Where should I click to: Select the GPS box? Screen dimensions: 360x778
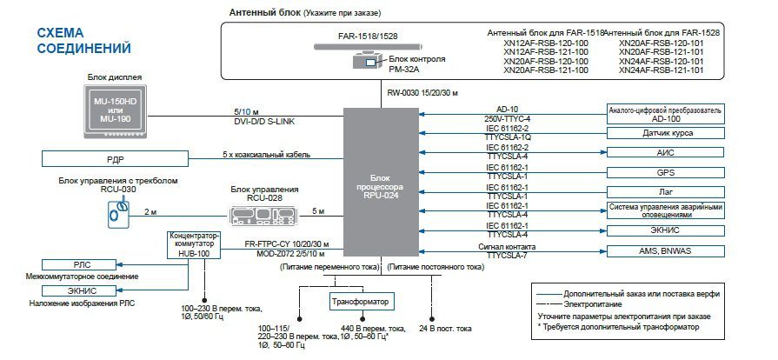tap(665, 172)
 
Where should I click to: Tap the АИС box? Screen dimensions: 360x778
tap(665, 153)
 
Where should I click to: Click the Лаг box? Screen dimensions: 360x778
tap(665, 191)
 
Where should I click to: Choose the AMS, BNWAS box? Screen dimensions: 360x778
tap(665, 250)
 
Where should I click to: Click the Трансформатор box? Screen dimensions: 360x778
tap(360, 302)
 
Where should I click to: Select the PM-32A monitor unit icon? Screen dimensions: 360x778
tap(363, 62)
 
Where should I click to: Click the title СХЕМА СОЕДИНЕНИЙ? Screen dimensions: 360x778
tap(83, 40)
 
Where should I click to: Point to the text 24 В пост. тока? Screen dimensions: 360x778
tap(445, 328)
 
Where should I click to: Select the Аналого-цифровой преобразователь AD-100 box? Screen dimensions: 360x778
tap(665, 113)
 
